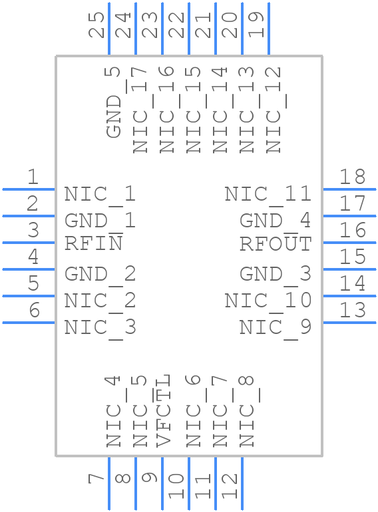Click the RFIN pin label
click(93, 244)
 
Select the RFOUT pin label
click(275, 244)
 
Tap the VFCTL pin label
click(164, 411)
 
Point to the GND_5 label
click(114, 101)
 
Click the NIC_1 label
click(100, 194)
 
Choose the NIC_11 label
click(268, 194)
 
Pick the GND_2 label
click(100, 274)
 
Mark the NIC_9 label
click(275, 327)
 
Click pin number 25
click(98, 25)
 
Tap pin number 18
click(352, 177)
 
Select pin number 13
click(352, 310)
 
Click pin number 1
click(32, 177)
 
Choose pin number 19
click(257, 25)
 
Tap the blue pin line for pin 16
click(349, 243)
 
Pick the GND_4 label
click(275, 221)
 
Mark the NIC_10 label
click(268, 301)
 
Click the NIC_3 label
click(100, 327)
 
